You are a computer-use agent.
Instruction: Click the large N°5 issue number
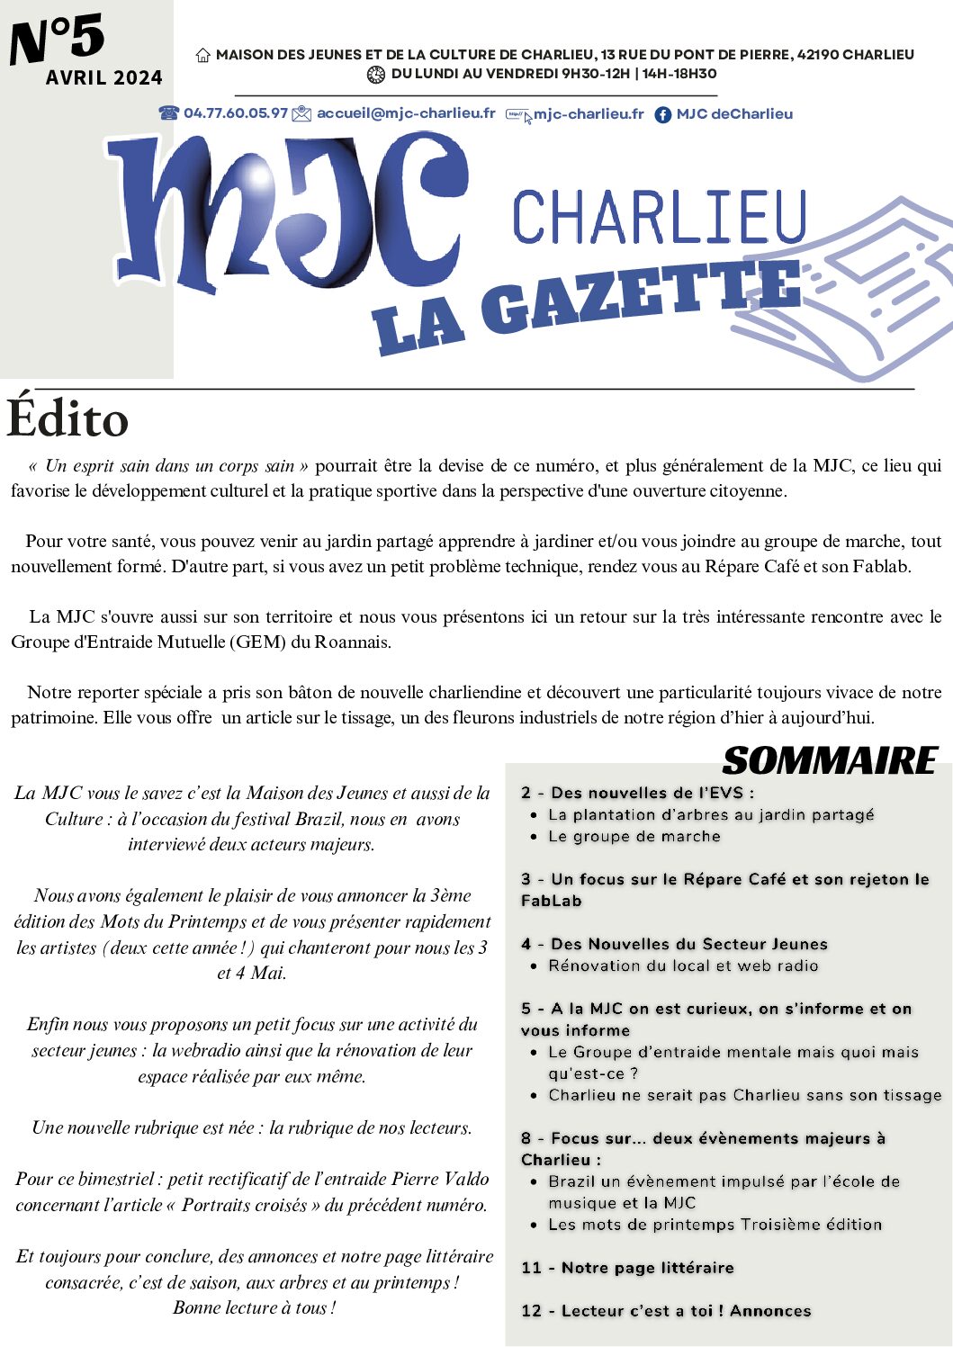pyautogui.click(x=58, y=40)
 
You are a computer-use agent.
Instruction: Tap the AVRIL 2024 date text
pyautogui.click(x=104, y=78)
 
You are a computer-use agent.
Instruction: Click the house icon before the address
pyautogui.click(x=203, y=55)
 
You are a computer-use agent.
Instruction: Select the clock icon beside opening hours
pyautogui.click(x=376, y=75)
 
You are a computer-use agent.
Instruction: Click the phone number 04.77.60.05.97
pyautogui.click(x=235, y=113)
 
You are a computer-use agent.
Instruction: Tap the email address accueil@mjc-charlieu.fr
pyautogui.click(x=406, y=113)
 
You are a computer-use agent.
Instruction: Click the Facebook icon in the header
pyautogui.click(x=663, y=114)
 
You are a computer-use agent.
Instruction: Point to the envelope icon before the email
pyautogui.click(x=301, y=113)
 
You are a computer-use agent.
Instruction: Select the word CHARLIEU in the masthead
pyautogui.click(x=659, y=217)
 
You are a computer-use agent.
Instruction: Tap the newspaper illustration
pyautogui.click(x=855, y=288)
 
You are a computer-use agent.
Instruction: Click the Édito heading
pyautogui.click(x=67, y=419)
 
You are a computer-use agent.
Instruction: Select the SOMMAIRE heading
pyautogui.click(x=830, y=761)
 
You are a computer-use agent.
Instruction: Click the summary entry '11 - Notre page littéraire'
pyautogui.click(x=627, y=1268)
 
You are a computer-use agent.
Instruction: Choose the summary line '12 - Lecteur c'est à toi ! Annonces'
pyautogui.click(x=666, y=1311)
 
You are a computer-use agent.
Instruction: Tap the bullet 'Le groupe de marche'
pyautogui.click(x=634, y=837)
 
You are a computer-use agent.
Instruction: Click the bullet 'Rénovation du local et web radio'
pyautogui.click(x=683, y=965)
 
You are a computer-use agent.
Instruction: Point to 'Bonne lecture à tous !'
pyautogui.click(x=255, y=1307)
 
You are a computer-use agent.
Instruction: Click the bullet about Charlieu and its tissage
pyautogui.click(x=744, y=1095)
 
